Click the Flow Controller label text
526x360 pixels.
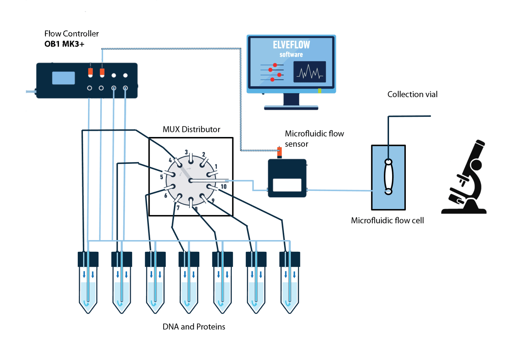(72, 34)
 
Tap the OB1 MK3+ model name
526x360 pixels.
(64, 44)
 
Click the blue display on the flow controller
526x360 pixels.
(63, 78)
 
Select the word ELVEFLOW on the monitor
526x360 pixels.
(291, 45)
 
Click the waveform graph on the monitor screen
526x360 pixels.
(310, 72)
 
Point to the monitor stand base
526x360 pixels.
(291, 108)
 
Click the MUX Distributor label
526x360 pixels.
(191, 129)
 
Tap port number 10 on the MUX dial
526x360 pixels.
(224, 187)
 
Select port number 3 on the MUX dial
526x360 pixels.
(186, 152)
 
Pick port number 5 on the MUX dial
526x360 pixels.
(161, 177)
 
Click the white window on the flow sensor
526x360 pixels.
(287, 185)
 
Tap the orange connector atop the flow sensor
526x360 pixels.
(279, 151)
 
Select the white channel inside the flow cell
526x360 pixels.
(388, 177)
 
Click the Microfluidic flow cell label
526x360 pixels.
(387, 221)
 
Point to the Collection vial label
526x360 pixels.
(412, 95)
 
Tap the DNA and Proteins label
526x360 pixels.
(194, 327)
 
